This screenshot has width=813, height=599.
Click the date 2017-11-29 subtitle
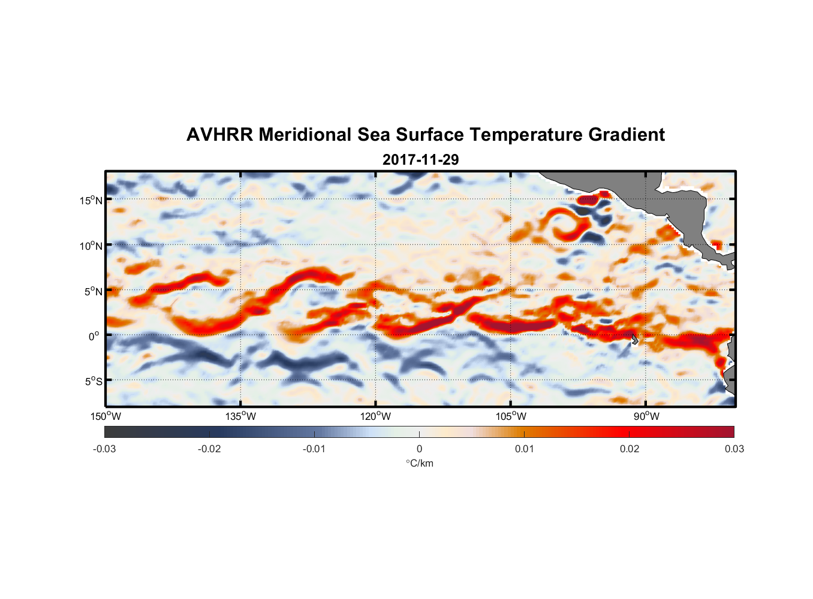[x=420, y=159]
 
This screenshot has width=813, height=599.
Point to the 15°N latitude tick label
[x=91, y=200]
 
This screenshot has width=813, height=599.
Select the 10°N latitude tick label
[x=91, y=246]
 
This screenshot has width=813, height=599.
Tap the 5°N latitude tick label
[x=93, y=291]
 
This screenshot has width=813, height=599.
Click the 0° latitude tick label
[x=94, y=336]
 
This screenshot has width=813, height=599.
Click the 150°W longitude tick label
[x=106, y=416]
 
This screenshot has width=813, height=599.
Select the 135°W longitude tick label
[x=241, y=416]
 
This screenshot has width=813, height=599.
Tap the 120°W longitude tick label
[x=376, y=416]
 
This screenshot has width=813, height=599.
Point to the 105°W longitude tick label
[x=511, y=416]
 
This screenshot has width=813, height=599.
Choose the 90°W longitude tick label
[x=646, y=416]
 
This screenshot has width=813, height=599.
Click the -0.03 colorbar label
[x=104, y=449]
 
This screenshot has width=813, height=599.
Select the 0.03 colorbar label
[x=734, y=449]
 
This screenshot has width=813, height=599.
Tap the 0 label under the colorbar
[x=419, y=449]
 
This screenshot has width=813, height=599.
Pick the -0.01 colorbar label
[x=314, y=449]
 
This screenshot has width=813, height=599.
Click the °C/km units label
[x=419, y=463]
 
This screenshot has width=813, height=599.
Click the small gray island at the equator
[x=635, y=339]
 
